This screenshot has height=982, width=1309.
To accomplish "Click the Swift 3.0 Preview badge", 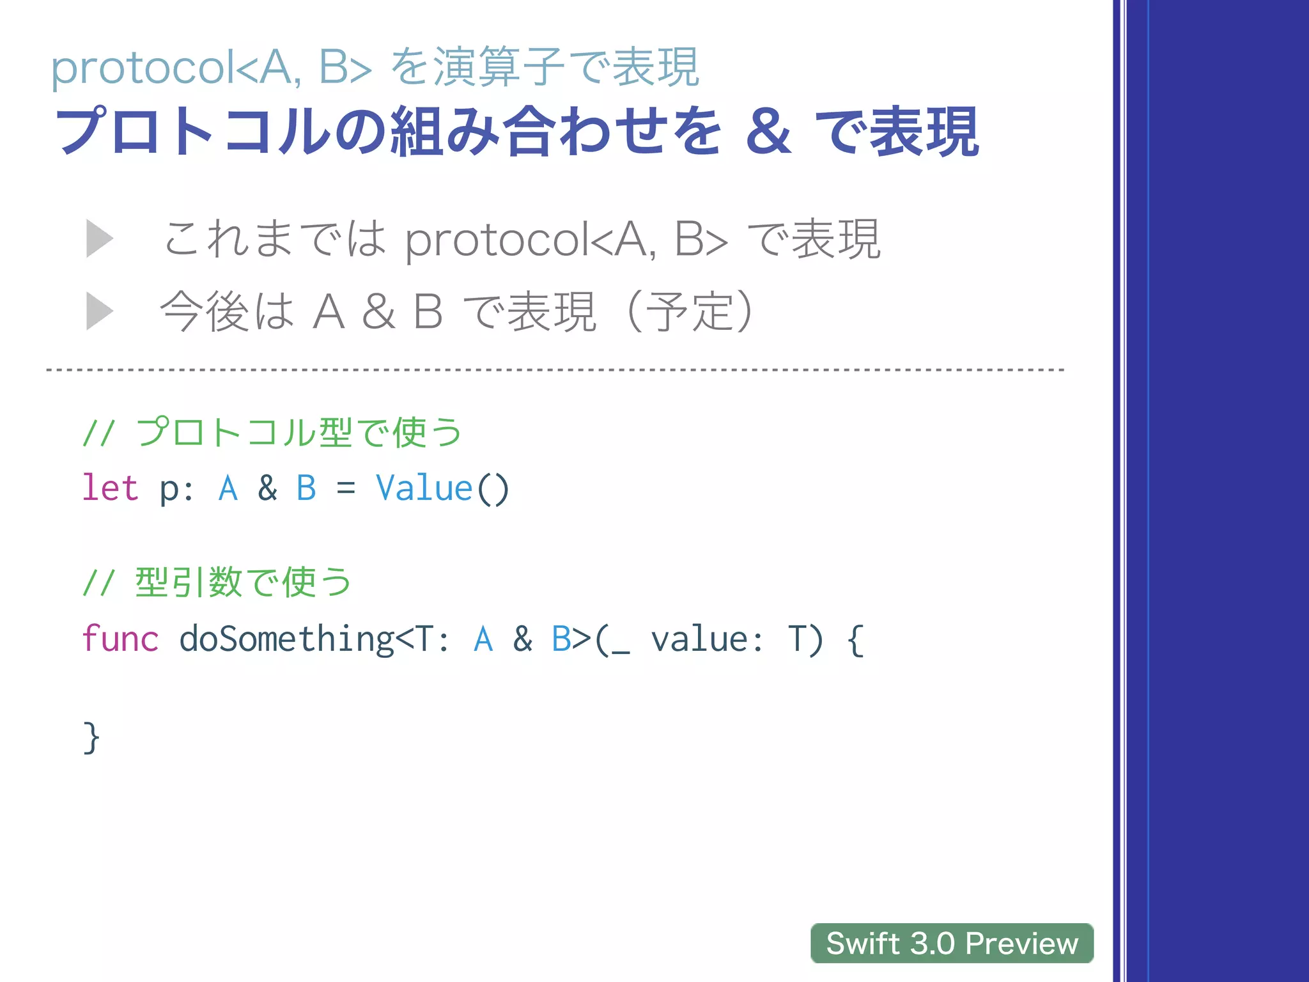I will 951,943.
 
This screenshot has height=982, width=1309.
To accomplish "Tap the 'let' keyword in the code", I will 110,488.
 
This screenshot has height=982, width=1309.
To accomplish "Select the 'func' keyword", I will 120,639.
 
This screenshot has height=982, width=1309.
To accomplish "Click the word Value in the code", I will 424,488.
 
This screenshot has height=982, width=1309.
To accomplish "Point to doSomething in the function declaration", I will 286,639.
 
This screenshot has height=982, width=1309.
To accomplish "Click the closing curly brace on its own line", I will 91,738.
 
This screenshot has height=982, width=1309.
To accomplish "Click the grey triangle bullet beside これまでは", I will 99,238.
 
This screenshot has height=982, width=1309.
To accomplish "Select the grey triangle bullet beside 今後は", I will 99,311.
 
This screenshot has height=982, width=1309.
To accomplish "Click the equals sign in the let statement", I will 345,489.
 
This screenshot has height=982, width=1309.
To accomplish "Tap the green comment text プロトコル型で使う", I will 298,432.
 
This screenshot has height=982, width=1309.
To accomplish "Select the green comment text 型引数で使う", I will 243,582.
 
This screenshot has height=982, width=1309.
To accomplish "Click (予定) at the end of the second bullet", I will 690,311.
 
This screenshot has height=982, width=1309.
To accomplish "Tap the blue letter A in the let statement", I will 228,488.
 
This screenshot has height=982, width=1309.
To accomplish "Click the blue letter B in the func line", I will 561,639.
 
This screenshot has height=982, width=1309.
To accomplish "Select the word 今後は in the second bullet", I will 227,311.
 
